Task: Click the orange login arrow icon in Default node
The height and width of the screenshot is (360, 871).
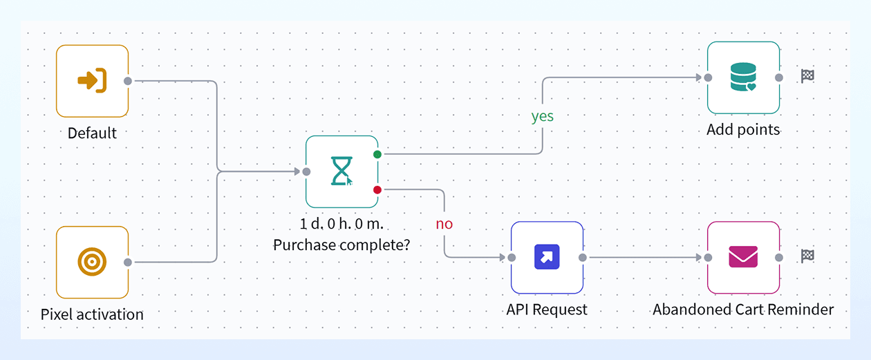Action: coord(92,80)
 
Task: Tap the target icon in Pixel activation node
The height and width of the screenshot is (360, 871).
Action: coord(92,262)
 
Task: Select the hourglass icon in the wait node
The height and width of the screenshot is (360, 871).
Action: coord(341,171)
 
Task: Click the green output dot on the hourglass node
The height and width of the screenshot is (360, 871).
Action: coord(377,154)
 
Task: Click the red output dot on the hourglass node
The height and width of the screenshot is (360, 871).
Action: coord(377,190)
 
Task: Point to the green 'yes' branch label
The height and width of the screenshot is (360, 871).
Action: coord(543,116)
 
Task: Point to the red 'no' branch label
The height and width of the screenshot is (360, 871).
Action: coord(444,224)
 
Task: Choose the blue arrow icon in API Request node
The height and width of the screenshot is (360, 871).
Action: coord(547,256)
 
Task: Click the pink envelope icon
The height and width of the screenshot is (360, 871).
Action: coord(743,256)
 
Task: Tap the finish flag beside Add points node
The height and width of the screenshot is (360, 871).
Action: coord(807,76)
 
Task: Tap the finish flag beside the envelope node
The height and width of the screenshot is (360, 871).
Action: coord(807,256)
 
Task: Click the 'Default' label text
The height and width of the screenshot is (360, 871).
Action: coord(92,133)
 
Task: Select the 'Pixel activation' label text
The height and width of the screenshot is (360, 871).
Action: coord(92,314)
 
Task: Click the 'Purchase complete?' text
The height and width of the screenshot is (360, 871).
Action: coord(341,245)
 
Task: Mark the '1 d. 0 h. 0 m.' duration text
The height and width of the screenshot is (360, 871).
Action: coord(341,224)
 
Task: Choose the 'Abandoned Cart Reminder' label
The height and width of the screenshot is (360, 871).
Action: coord(743,310)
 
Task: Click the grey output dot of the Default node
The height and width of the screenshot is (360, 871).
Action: coord(127,81)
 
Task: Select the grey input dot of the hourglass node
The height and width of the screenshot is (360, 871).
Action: coord(306,171)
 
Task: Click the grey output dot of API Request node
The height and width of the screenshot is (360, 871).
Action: coord(583,257)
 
